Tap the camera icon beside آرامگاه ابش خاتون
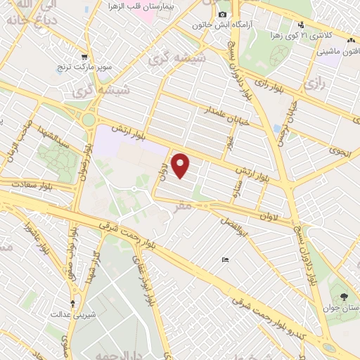[x=222, y=15]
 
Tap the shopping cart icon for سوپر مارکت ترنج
[x=84, y=57]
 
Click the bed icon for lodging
[x=224, y=260]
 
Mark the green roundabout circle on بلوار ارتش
[x=89, y=120]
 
